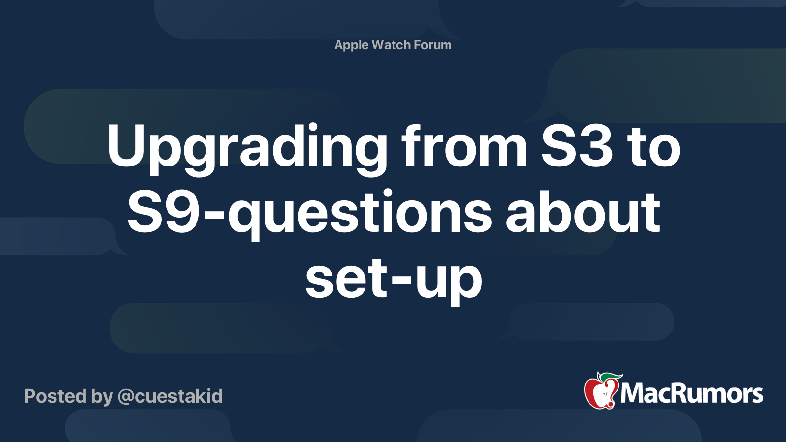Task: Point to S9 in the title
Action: click(x=164, y=213)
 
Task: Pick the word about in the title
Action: click(x=583, y=213)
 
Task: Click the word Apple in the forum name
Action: click(x=351, y=45)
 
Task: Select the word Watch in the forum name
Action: click(x=391, y=45)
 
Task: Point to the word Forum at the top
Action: click(x=432, y=45)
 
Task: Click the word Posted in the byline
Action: click(x=55, y=396)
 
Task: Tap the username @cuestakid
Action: click(x=170, y=396)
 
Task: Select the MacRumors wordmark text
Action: click(x=692, y=394)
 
